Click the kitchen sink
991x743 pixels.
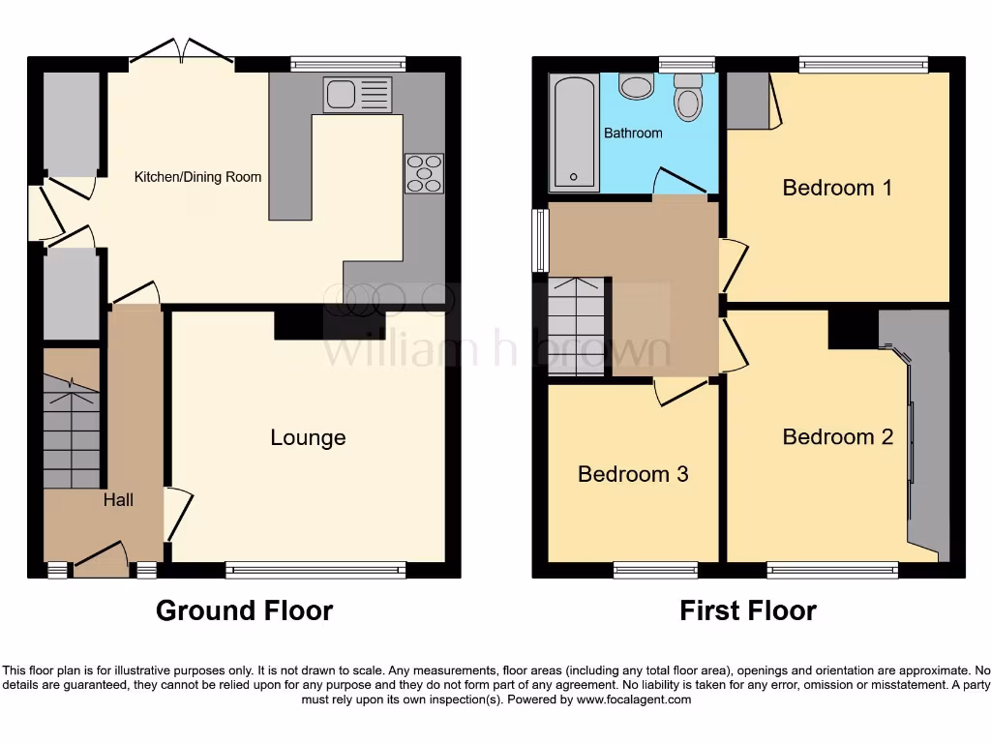point(358,95)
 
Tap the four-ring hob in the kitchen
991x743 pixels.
point(424,173)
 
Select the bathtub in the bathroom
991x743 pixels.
point(575,133)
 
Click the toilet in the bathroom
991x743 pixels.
point(688,97)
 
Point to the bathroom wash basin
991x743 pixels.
point(636,87)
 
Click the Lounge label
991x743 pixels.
point(308,438)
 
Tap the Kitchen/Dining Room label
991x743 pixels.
point(197,177)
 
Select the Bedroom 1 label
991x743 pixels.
point(837,188)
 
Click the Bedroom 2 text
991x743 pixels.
point(837,437)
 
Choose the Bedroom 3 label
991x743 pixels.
point(633,474)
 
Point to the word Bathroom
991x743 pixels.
point(633,133)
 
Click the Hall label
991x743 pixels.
point(118,500)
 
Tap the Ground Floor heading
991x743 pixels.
point(244,611)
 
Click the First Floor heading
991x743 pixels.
point(747,611)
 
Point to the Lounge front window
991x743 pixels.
point(315,571)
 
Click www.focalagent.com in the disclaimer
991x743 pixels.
point(633,699)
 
